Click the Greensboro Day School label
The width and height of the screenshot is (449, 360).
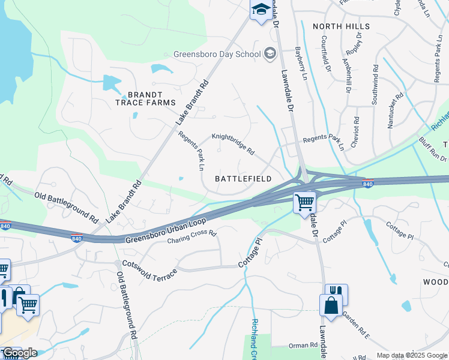point(216,53)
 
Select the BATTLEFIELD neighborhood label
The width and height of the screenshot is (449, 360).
point(243,179)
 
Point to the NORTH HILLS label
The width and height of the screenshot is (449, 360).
point(341,26)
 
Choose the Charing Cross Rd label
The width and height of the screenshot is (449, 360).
point(191,237)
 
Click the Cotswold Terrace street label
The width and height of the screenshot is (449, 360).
point(150,268)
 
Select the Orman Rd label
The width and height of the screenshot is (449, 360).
point(303,346)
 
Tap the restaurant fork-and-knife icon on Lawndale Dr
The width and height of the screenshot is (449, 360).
point(336,292)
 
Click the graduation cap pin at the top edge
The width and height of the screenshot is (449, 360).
point(261,9)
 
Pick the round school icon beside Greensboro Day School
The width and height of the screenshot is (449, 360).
point(270,53)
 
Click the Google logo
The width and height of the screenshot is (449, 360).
point(20,353)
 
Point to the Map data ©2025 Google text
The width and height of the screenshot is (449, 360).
point(412,355)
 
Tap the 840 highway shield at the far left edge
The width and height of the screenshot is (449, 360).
point(5,226)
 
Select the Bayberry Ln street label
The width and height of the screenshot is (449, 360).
point(300,64)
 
